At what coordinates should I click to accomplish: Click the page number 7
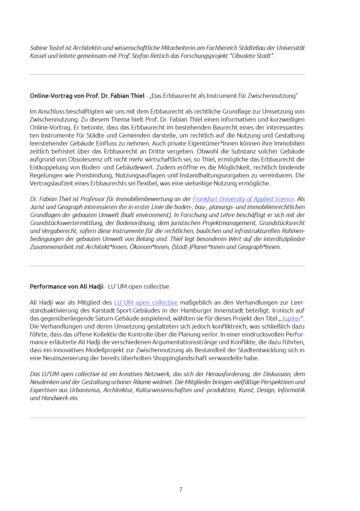pyautogui.click(x=181, y=490)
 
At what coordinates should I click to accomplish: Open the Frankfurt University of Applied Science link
pyautogui.click(x=243, y=199)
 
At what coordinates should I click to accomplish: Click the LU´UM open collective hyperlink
pyautogui.click(x=146, y=303)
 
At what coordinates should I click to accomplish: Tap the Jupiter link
pyautogui.click(x=291, y=318)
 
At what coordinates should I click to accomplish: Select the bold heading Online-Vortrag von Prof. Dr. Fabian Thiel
pyautogui.click(x=87, y=96)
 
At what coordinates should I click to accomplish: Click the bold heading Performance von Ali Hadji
pyautogui.click(x=67, y=287)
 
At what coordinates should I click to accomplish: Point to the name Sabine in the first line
pyautogui.click(x=39, y=48)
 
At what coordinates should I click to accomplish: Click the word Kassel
pyautogui.click(x=38, y=56)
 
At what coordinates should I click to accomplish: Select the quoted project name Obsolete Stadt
pyautogui.click(x=251, y=56)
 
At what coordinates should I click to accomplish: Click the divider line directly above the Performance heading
pyautogui.click(x=167, y=266)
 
